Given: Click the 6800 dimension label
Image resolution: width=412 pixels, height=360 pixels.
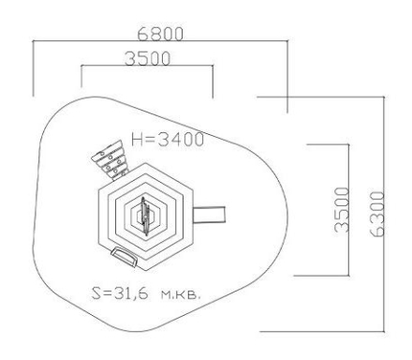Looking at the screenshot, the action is point(160,34).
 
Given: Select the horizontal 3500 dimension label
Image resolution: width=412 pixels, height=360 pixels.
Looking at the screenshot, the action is point(147,58).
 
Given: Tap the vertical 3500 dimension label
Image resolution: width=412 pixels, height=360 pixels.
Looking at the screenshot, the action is point(341,210).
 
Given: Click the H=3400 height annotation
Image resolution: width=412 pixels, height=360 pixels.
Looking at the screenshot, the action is point(168,140).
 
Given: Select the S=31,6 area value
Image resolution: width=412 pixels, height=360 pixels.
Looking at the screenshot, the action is point(120,293).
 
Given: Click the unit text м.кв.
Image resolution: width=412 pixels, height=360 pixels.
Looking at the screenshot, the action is point(180,294).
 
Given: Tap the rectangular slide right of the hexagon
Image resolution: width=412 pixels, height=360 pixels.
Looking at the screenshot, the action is point(209,215).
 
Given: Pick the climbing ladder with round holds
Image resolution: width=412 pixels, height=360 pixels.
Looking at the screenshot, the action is point(110,160).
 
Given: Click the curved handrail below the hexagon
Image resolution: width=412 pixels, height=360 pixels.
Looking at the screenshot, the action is point(125,256).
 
